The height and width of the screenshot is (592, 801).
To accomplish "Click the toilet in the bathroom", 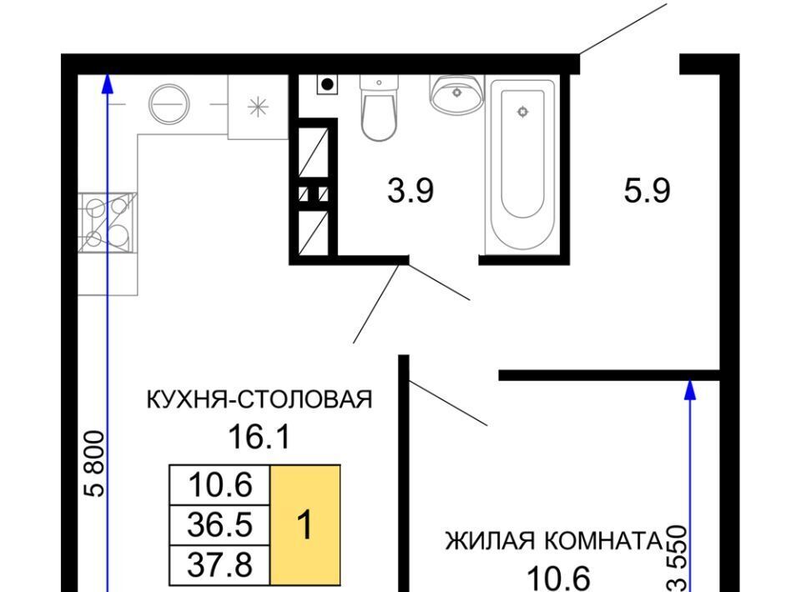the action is point(379,108).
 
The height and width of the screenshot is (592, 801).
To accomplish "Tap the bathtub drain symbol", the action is point(522,112).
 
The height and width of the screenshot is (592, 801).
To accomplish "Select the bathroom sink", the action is point(456,94).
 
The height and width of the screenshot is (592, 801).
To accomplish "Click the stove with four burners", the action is point(108,223).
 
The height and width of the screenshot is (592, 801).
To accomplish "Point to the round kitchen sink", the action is point(169,104).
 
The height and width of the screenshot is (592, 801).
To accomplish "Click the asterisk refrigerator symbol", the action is point(258,107).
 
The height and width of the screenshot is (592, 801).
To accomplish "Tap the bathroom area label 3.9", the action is point(411,191).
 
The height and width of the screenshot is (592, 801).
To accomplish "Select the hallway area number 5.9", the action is point(647,191).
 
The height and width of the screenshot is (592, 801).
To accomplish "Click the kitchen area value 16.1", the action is point(259,437).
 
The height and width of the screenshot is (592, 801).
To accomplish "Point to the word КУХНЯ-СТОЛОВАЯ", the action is point(259,399).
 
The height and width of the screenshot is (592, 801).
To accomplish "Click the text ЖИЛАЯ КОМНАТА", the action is point(554,541).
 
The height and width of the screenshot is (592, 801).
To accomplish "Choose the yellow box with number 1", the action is point(305,524).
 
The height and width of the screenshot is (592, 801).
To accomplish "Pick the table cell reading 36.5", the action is point(219,524).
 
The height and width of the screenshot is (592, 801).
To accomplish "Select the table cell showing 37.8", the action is point(219,565).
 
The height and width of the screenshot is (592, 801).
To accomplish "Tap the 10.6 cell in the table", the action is point(219,484).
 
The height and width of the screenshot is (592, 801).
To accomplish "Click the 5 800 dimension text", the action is point(95,464).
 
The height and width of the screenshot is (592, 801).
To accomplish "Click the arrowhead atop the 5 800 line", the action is point(107,83).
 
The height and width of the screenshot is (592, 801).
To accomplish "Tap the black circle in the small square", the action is point(327,84).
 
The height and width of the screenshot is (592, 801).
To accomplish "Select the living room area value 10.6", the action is point(558,579).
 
